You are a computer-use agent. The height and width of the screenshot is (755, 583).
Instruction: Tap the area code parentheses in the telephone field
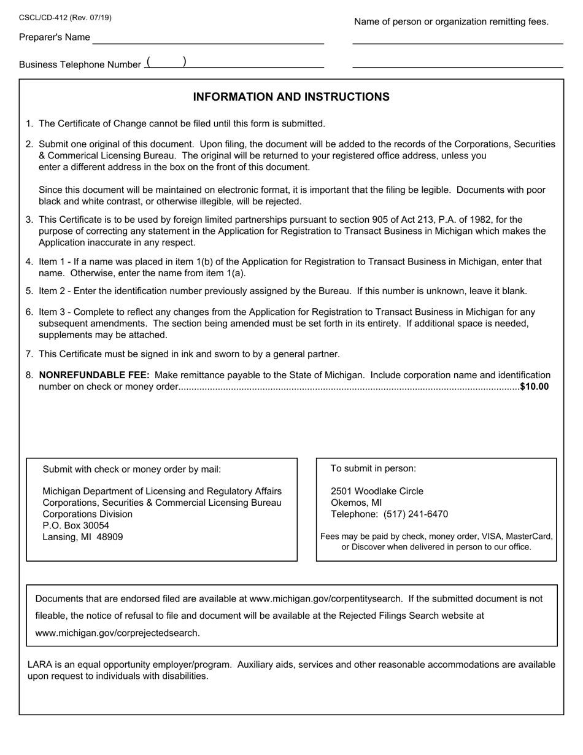pos(166,63)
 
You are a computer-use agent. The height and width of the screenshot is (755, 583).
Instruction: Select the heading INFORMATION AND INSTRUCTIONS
pos(291,97)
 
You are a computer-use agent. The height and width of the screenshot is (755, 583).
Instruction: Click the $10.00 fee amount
pos(534,387)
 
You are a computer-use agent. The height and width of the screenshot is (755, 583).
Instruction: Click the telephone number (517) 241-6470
pos(415,514)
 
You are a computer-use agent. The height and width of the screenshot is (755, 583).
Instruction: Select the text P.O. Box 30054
pos(75,525)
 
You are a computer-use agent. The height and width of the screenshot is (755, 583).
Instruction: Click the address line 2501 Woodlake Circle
pos(377,491)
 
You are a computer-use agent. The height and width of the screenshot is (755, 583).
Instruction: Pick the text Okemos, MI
pos(356,503)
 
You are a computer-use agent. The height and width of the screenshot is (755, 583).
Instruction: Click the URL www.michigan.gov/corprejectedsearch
pos(117,633)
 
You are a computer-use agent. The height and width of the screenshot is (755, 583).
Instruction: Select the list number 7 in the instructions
pos(29,354)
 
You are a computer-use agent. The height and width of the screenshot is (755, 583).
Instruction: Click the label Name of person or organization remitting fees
pos(451,22)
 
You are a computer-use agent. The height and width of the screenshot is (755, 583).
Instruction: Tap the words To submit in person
pos(373,468)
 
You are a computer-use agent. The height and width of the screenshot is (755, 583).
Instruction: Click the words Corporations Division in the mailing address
pos(87,514)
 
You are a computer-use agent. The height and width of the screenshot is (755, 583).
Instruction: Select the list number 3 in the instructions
pos(29,220)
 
